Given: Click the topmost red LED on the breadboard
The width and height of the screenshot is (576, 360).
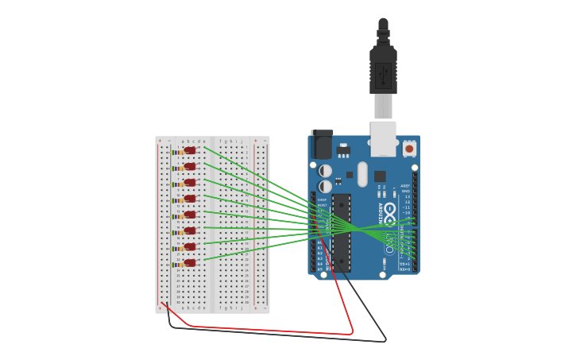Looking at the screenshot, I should [x=190, y=150].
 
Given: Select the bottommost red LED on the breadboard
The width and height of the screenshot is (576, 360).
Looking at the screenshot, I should [x=190, y=262].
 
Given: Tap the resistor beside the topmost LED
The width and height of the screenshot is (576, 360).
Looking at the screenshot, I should [x=177, y=153].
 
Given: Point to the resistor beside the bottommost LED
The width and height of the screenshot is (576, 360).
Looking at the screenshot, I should [x=177, y=265].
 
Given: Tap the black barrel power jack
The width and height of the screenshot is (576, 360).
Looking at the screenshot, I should [x=322, y=145].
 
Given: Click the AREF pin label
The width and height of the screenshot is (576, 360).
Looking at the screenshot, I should [x=405, y=185].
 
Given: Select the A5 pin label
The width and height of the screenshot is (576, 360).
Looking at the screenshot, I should [x=320, y=269].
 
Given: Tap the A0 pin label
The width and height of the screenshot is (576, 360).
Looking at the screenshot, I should [x=320, y=242].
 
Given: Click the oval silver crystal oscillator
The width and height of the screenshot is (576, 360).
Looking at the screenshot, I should [x=362, y=174].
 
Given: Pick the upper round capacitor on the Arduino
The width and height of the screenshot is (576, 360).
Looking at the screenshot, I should [x=326, y=170].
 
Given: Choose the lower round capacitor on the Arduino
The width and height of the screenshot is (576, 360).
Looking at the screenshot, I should [x=326, y=186].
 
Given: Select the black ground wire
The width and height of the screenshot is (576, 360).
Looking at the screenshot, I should [x=278, y=334].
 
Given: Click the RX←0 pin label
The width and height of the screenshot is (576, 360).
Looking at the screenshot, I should [x=405, y=269].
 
